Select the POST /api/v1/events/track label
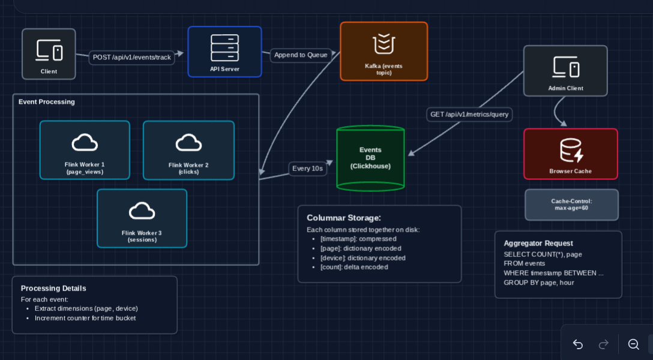click(x=132, y=58)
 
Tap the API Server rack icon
click(x=224, y=47)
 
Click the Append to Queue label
click(x=301, y=55)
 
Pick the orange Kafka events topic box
click(x=384, y=52)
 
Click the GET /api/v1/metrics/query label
click(x=469, y=115)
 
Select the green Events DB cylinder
click(x=370, y=158)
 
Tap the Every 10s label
click(x=307, y=169)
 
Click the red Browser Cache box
click(x=570, y=154)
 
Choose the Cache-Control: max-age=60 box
click(x=571, y=205)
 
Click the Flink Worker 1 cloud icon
click(x=85, y=142)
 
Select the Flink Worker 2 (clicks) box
click(x=188, y=150)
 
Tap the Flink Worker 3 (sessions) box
click(x=142, y=218)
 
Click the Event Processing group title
click(x=47, y=102)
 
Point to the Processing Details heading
click(x=53, y=288)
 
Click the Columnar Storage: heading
click(x=344, y=218)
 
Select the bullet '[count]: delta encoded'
click(x=354, y=267)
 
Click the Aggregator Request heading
click(x=538, y=243)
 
